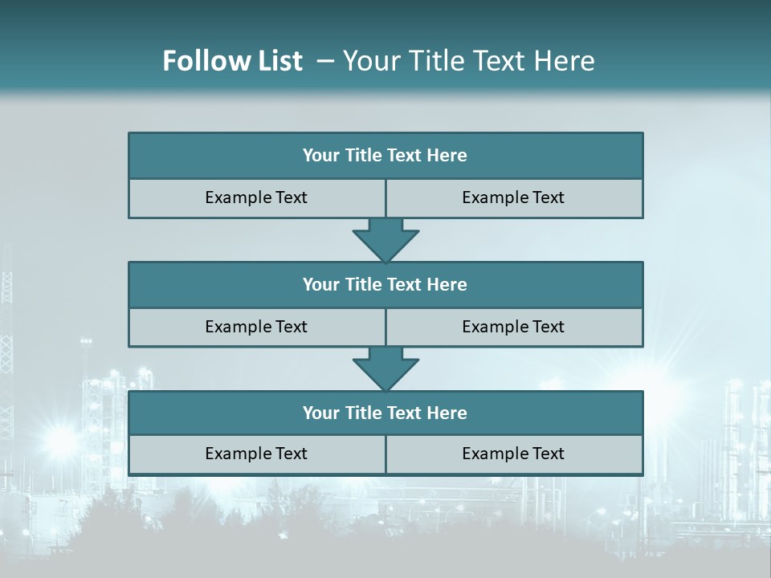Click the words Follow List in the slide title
(232, 61)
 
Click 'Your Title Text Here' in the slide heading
(469, 61)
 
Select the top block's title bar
(385, 156)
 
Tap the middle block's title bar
(385, 284)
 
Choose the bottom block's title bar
(385, 413)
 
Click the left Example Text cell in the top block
(256, 197)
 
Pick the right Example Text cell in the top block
(513, 197)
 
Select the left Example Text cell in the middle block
(256, 327)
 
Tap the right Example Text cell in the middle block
(513, 327)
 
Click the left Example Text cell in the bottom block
(256, 454)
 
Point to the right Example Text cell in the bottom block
(513, 454)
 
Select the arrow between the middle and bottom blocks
(385, 368)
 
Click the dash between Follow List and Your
(326, 61)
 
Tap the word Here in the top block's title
(447, 156)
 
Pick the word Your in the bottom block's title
(321, 413)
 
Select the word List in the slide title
(278, 61)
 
